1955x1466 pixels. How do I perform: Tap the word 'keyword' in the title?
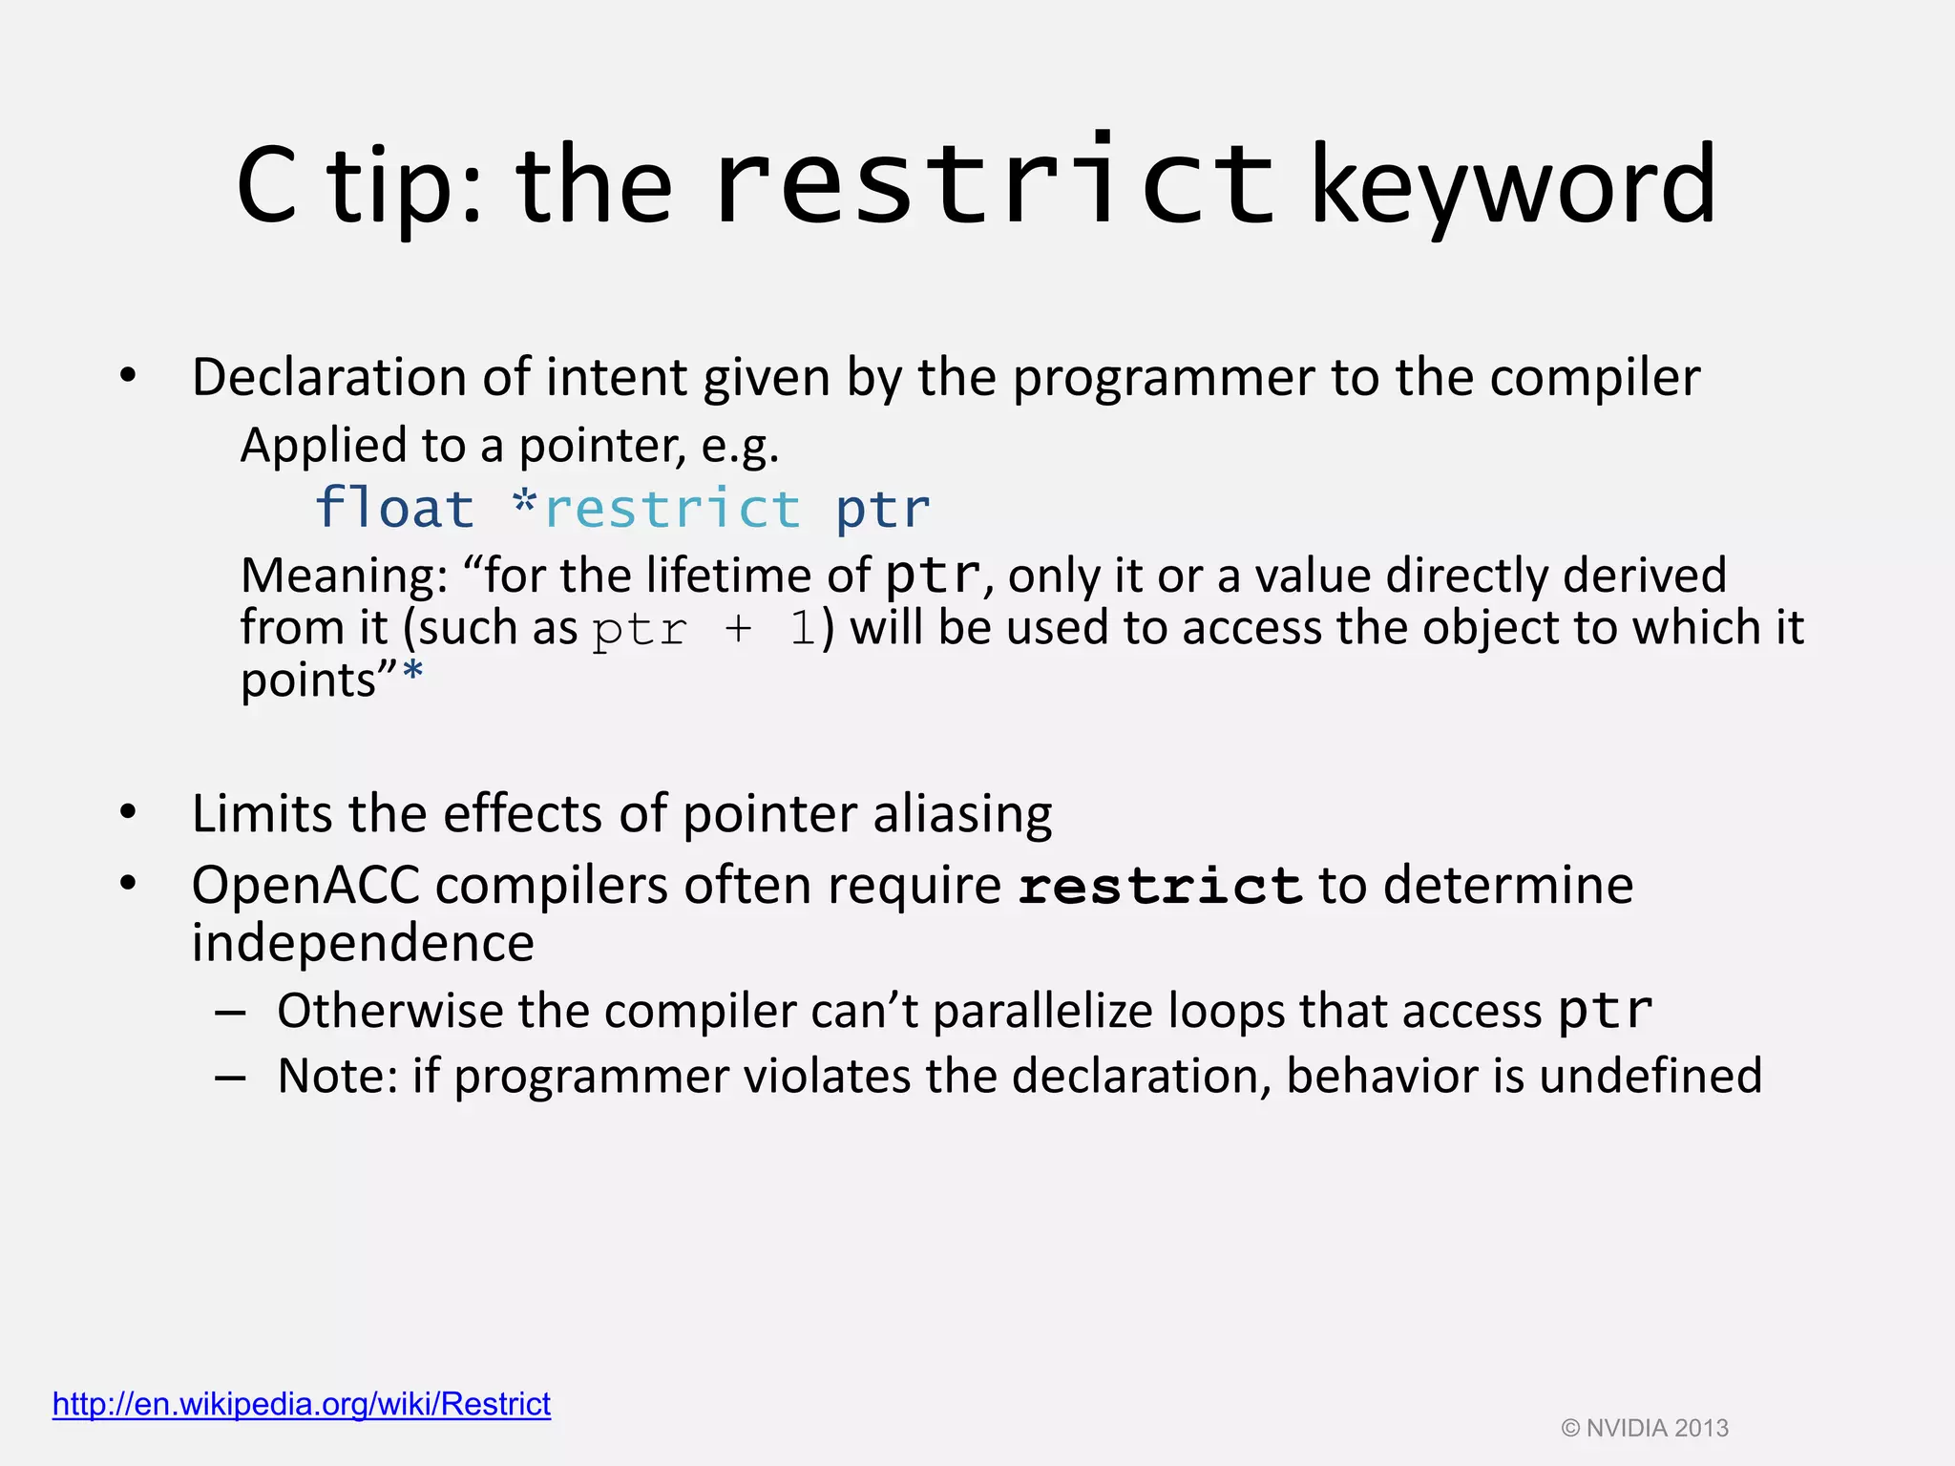pyautogui.click(x=1513, y=186)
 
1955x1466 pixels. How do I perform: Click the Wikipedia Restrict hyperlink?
pyautogui.click(x=302, y=1404)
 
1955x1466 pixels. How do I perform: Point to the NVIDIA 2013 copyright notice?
pyautogui.click(x=1645, y=1428)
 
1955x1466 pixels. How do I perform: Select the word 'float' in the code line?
pyautogui.click(x=394, y=508)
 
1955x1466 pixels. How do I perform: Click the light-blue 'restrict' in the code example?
pyautogui.click(x=672, y=508)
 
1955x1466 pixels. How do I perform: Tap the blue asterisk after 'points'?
pyautogui.click(x=412, y=675)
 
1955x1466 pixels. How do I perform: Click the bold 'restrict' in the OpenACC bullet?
pyautogui.click(x=1160, y=886)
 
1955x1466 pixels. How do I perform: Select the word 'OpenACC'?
pyautogui.click(x=305, y=885)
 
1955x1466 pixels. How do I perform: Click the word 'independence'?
pyautogui.click(x=363, y=943)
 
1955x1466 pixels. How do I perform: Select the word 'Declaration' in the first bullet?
pyautogui.click(x=328, y=377)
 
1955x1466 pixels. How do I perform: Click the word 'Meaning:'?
pyautogui.click(x=345, y=576)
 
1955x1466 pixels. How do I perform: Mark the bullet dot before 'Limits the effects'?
pyautogui.click(x=128, y=813)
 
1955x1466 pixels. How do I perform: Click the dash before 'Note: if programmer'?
pyautogui.click(x=230, y=1077)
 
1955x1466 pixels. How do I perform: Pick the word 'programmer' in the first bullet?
pyautogui.click(x=1164, y=378)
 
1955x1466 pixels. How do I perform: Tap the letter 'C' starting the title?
pyautogui.click(x=266, y=186)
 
